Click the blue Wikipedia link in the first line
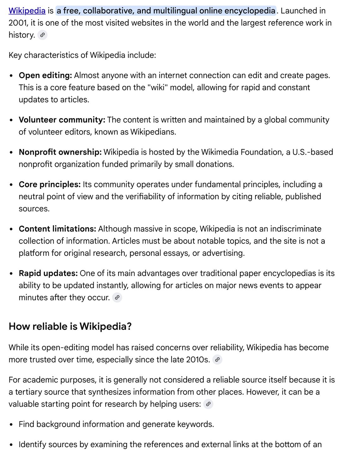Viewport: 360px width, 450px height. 27,11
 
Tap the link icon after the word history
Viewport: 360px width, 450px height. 42,35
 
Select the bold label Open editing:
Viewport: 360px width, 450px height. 45,75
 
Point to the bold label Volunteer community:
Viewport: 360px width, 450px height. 62,120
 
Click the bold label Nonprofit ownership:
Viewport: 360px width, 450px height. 60,152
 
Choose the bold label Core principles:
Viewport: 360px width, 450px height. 50,184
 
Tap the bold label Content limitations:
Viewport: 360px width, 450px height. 57,229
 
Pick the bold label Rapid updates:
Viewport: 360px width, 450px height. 48,273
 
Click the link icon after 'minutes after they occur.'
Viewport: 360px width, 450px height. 117,297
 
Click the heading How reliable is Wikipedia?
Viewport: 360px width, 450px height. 70,326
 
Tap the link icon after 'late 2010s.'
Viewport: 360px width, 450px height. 217,360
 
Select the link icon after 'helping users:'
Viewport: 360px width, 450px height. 208,404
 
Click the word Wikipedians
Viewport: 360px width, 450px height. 153,132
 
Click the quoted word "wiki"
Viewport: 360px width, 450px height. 157,87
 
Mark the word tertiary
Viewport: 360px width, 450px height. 28,392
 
